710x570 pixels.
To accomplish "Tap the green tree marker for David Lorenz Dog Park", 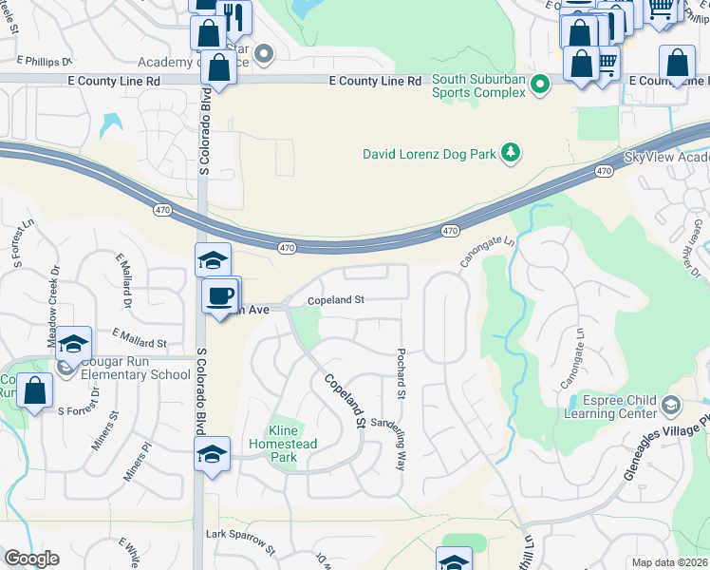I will [511, 153].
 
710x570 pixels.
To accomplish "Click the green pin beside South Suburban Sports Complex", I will [540, 85].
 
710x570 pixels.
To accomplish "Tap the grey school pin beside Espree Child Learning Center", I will [671, 407].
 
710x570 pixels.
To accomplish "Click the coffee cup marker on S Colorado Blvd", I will [220, 295].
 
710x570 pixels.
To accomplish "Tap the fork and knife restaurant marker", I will [233, 16].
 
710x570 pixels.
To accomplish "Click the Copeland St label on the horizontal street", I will [335, 300].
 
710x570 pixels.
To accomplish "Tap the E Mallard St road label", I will [139, 338].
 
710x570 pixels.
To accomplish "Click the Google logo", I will [31, 559].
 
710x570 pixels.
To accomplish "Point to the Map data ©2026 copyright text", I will [668, 562].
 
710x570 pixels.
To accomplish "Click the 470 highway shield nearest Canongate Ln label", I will [450, 231].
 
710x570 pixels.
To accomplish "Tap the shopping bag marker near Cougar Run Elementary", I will [35, 391].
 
